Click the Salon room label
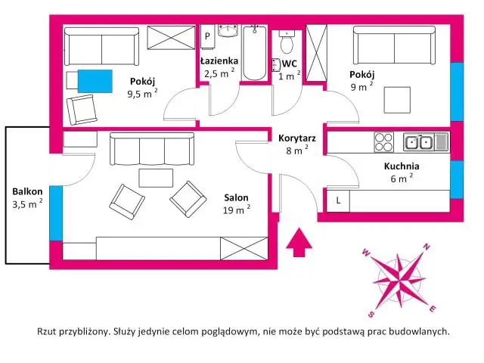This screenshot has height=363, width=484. [x=236, y=197]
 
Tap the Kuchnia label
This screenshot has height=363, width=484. [x=402, y=166]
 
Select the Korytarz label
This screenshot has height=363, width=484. [x=297, y=138]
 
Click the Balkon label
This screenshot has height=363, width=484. [x=27, y=191]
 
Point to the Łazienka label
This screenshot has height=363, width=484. [x=219, y=60]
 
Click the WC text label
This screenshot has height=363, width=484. [x=290, y=64]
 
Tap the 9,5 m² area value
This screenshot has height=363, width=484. [x=143, y=93]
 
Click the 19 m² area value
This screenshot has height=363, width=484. [x=237, y=210]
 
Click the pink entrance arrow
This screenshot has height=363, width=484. [x=299, y=242]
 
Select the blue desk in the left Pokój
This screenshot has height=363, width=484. [x=95, y=81]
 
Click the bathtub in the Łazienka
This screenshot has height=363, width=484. [x=254, y=53]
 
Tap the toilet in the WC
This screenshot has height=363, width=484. [x=287, y=42]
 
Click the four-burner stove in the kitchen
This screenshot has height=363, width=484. [x=383, y=142]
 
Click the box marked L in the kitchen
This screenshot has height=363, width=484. [x=338, y=201]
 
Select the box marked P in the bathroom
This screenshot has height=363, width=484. [x=207, y=36]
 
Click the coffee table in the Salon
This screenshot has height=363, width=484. [x=156, y=178]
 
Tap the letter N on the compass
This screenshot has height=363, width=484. [x=427, y=247]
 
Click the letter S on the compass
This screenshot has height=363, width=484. [x=371, y=315]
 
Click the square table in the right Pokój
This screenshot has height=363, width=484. [x=397, y=100]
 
